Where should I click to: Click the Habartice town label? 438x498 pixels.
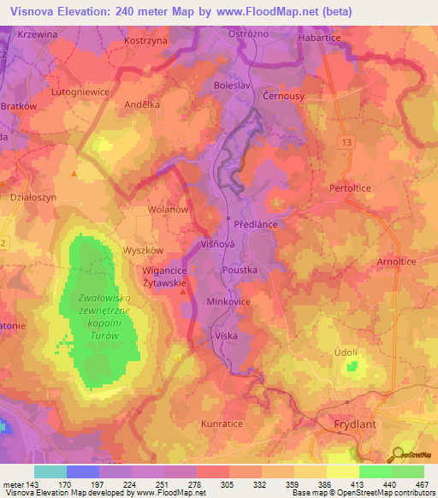(319, 39)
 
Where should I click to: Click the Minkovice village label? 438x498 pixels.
(228, 302)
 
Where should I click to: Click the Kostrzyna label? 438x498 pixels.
(143, 40)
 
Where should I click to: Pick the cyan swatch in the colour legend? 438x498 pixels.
(50, 471)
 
